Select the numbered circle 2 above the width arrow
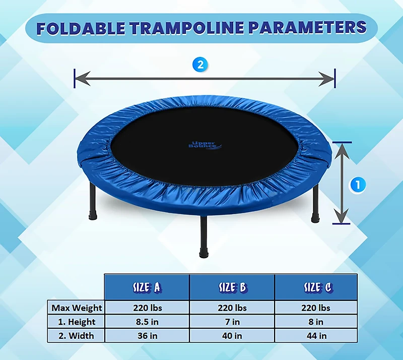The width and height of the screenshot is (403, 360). click(200, 64)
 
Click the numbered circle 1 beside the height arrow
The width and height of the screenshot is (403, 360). click(358, 185)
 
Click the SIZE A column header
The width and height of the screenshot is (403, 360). click(147, 287)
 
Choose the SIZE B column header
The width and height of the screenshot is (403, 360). click(232, 287)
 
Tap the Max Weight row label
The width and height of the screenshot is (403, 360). click(77, 308)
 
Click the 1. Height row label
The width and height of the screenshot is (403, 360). click(77, 322)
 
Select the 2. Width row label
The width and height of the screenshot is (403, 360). click(77, 335)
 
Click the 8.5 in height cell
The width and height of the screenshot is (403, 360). click(147, 322)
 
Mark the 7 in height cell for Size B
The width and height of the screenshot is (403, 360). click(232, 322)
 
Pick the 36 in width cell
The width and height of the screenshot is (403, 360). click(147, 335)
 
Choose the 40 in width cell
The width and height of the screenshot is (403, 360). click(232, 335)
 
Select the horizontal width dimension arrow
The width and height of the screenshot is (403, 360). click(205, 78)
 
